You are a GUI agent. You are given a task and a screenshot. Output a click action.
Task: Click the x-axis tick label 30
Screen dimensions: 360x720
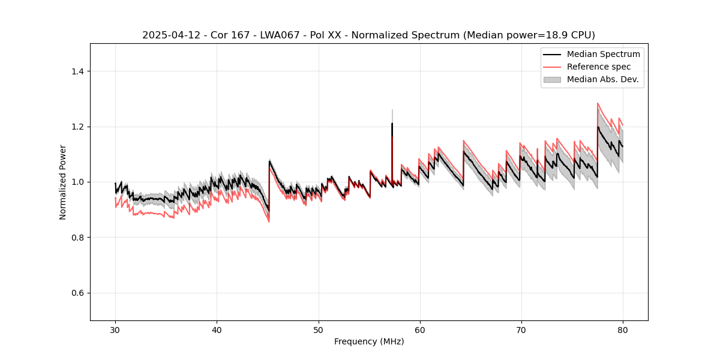point(115,330)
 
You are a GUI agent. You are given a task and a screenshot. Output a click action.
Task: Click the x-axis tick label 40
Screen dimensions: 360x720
point(217,330)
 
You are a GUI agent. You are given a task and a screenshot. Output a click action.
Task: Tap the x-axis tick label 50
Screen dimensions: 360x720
point(319,330)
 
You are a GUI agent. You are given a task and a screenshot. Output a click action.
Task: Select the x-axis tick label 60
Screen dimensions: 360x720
point(420,330)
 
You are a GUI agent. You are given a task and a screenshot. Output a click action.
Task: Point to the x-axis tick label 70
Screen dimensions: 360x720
point(521,330)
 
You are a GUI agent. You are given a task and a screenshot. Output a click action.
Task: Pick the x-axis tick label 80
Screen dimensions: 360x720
point(623,330)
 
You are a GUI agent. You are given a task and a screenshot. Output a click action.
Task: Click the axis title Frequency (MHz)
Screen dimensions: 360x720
point(369,341)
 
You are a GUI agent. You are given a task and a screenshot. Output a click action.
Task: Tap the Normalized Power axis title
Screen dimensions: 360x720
point(62,182)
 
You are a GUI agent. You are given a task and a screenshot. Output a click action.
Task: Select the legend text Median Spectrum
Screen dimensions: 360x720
point(603,54)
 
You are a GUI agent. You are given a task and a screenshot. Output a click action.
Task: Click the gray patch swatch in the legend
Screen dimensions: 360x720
point(552,79)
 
